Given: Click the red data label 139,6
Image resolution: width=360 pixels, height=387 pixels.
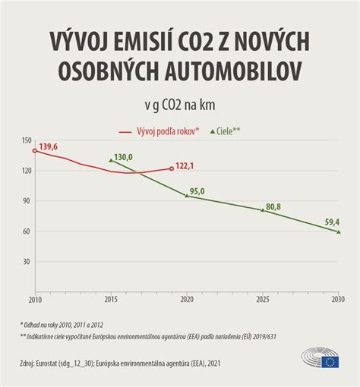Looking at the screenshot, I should coord(49,146).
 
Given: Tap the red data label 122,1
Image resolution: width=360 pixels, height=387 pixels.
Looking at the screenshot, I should coord(186,166).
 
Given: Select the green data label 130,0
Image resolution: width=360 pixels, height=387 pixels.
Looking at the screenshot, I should coord(123,158).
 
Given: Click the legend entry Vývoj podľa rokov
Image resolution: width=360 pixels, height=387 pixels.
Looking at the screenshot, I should coord(160,131).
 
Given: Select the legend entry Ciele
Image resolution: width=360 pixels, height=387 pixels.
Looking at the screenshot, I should coord(224,131).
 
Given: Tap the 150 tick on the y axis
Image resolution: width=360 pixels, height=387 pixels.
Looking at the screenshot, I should coord(26,141).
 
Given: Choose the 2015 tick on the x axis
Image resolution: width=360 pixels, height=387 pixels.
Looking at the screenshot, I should coord(110,300).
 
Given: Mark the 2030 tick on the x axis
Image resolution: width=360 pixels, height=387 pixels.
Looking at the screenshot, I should coord(338,300).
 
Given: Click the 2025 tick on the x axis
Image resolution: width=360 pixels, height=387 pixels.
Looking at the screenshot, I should coord(263,300).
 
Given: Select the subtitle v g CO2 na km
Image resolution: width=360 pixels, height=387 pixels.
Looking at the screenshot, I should coord(180,105).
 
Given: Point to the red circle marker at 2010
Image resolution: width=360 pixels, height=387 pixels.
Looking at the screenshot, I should coord(34,151).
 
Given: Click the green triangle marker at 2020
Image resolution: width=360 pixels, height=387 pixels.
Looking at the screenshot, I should coord(187,196).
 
